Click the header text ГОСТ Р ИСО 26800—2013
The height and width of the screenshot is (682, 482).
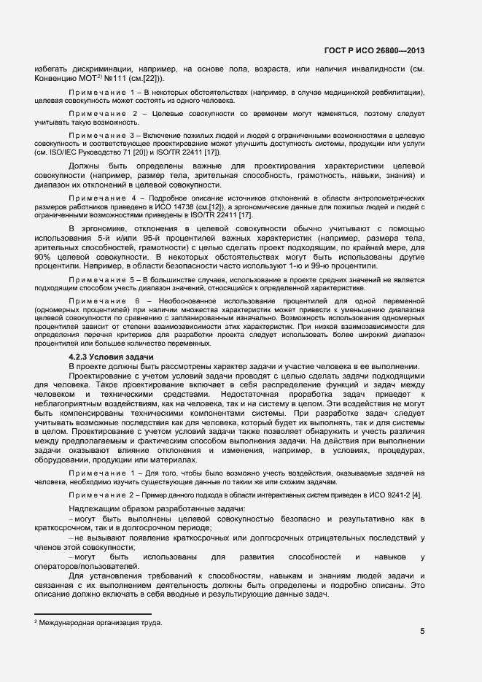[374, 50]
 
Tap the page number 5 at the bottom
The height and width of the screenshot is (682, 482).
[422, 632]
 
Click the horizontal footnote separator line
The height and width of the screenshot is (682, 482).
[93, 614]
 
